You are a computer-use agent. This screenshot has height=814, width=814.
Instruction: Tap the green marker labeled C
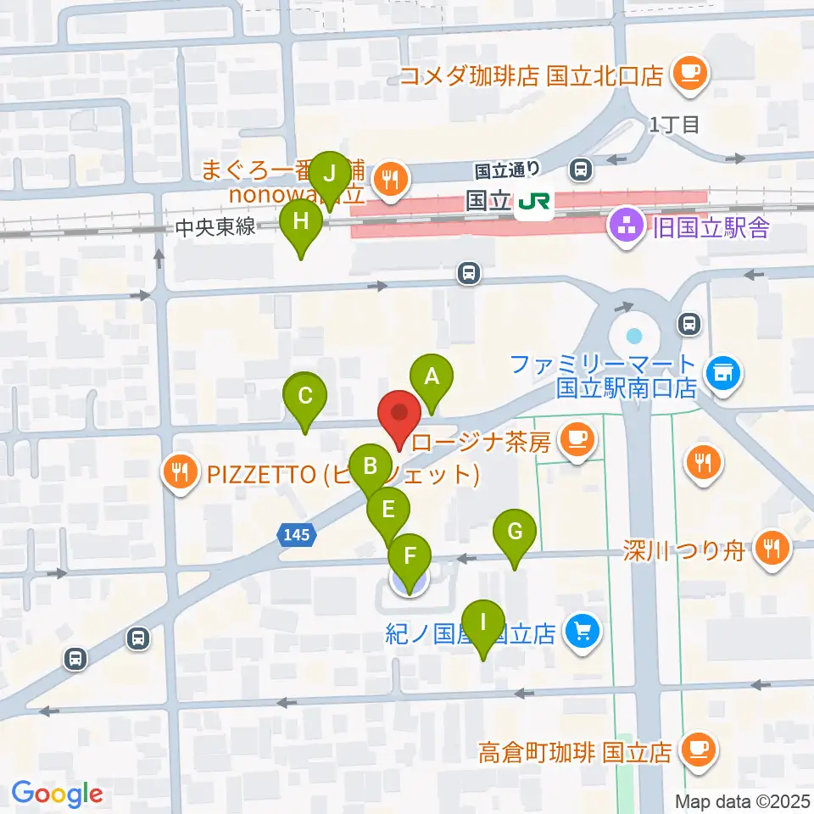[307, 396]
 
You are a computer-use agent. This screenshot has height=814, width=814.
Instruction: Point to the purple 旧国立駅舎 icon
[627, 227]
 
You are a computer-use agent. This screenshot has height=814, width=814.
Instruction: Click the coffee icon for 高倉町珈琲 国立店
[699, 750]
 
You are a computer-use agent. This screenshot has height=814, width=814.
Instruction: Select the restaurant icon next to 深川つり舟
[771, 549]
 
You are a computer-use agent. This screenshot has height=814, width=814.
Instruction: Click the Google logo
[58, 794]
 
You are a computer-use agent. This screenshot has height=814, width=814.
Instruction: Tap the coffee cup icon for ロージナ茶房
[578, 439]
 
